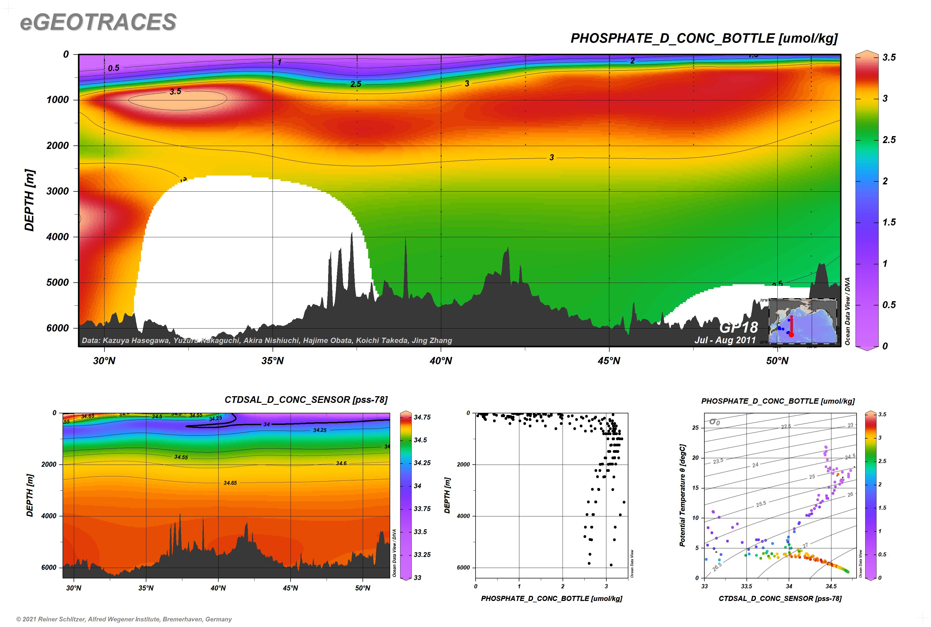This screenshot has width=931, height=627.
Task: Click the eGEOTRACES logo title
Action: pyautogui.click(x=98, y=22)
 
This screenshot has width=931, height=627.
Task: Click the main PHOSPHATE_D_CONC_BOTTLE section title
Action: pyautogui.click(x=704, y=38)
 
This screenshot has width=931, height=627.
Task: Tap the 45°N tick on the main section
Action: pyautogui.click(x=609, y=361)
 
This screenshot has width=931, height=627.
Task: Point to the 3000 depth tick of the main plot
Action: pyautogui.click(x=58, y=191)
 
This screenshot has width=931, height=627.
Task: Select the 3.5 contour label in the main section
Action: pyautogui.click(x=175, y=92)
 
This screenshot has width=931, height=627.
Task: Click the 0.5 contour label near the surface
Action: pyautogui.click(x=114, y=68)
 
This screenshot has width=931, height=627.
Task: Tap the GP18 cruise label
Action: pyautogui.click(x=738, y=327)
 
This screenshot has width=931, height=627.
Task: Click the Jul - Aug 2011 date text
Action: pyautogui.click(x=725, y=340)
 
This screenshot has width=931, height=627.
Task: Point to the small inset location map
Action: pyautogui.click(x=803, y=321)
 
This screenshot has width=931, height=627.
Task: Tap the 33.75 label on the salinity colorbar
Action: pyautogui.click(x=422, y=509)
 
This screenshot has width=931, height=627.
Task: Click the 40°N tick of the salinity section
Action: pyautogui.click(x=218, y=588)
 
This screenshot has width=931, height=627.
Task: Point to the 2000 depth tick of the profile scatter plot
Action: pyautogui.click(x=463, y=464)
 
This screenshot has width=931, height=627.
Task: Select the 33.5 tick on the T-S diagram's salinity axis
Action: pyautogui.click(x=747, y=586)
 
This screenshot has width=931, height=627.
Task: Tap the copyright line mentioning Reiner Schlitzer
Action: pyautogui.click(x=124, y=619)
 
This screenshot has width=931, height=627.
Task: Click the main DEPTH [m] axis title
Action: pyautogui.click(x=30, y=200)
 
